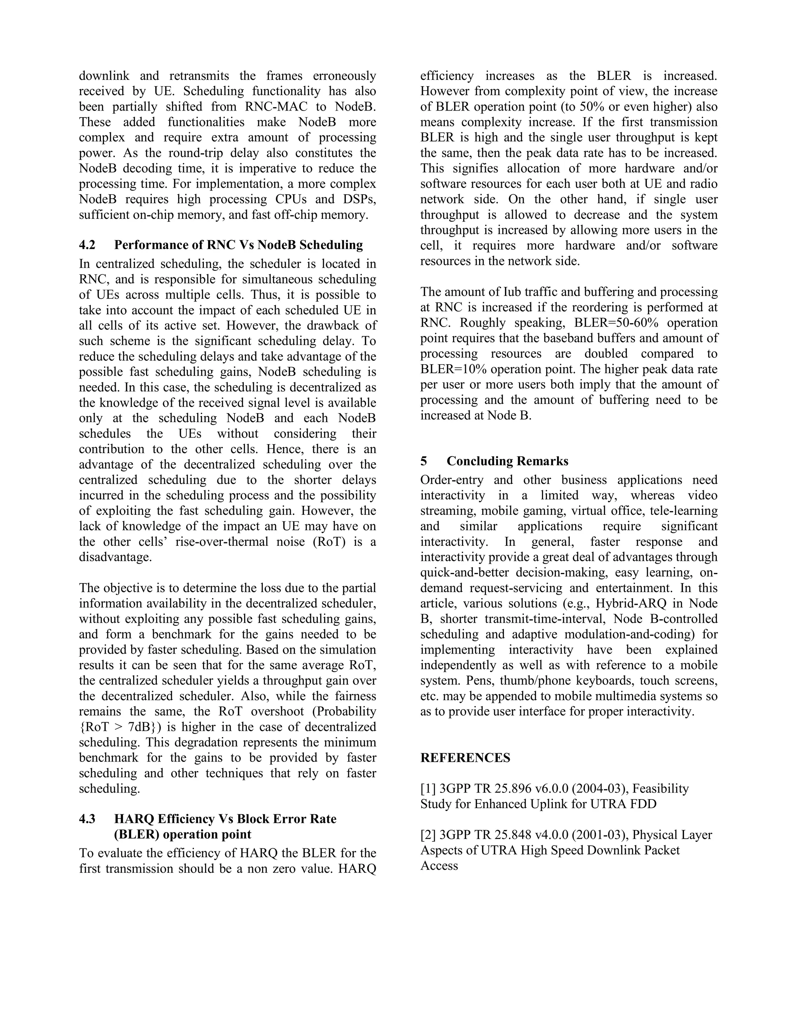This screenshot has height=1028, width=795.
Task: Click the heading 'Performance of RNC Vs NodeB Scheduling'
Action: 238,245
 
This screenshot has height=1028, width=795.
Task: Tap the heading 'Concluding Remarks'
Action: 507,461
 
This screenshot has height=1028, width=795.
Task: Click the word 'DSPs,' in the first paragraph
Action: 360,199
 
